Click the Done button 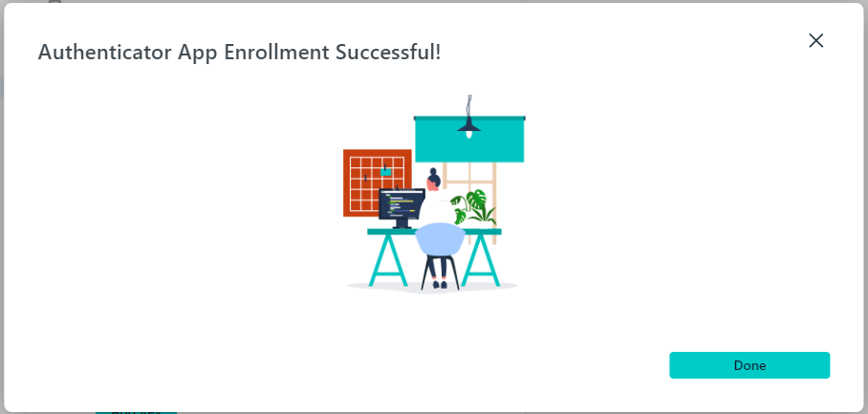pos(749,365)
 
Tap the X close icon pos(816,40)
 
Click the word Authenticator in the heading pos(105,52)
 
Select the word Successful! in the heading pos(388,52)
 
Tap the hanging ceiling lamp pos(468,119)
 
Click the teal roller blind pos(469,140)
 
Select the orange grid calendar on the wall pos(377,183)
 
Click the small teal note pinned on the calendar pos(385,172)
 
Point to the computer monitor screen pos(401,205)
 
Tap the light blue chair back pos(440,239)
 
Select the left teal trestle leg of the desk pos(388,260)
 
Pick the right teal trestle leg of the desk pos(481,260)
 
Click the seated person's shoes pos(440,285)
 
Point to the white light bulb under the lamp pos(468,135)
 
